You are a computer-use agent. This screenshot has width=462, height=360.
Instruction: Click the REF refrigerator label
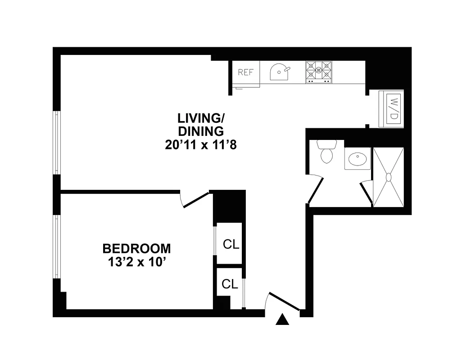(246, 72)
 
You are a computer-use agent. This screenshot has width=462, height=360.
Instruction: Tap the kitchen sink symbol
(280, 72)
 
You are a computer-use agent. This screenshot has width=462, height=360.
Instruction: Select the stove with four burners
(319, 72)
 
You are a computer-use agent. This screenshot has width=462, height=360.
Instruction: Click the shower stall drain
(389, 177)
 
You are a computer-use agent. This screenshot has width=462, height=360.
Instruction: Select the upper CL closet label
(231, 245)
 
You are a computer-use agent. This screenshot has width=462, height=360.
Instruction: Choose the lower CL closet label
(230, 284)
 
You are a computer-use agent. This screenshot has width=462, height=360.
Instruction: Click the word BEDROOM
(137, 248)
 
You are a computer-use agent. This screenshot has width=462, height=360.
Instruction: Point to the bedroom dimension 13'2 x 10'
(137, 262)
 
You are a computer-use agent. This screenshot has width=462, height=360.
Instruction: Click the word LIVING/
(201, 119)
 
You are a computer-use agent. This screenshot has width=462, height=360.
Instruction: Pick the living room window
(57, 142)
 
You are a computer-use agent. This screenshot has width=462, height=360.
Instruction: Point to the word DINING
(201, 131)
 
